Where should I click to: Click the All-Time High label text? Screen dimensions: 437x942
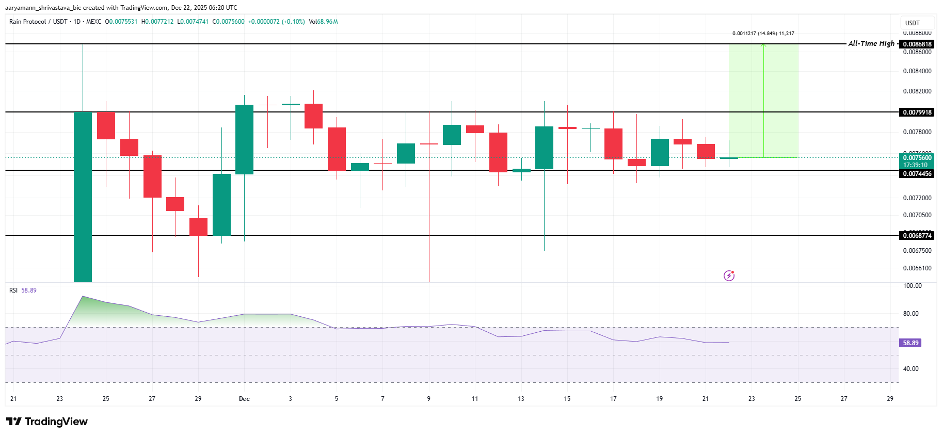coord(871,44)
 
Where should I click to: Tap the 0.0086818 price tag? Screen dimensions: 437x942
coord(917,44)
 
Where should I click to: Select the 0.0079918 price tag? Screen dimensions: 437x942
coord(917,112)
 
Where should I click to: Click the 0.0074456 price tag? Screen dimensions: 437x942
coord(917,174)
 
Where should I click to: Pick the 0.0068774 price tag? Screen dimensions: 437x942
coord(917,236)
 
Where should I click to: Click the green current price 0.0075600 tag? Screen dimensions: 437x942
coord(917,158)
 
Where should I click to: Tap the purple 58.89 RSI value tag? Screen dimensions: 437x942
coord(911,343)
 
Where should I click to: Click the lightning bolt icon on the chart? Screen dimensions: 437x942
coord(729,276)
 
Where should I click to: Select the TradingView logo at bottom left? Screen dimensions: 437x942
coord(47,422)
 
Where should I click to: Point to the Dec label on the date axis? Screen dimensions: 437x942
coord(244,399)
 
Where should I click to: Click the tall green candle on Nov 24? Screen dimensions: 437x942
coord(83,196)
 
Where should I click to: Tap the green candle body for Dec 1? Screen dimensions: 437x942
coord(244,139)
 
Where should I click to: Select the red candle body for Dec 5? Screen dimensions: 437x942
coord(337,149)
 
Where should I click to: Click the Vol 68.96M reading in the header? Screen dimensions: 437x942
coord(323,22)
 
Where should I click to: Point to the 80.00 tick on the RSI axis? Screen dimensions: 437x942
coord(911,314)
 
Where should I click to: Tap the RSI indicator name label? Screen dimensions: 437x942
coord(13,290)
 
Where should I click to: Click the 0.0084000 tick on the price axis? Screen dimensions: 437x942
coord(917,71)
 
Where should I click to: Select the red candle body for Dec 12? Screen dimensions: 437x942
coord(498,152)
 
